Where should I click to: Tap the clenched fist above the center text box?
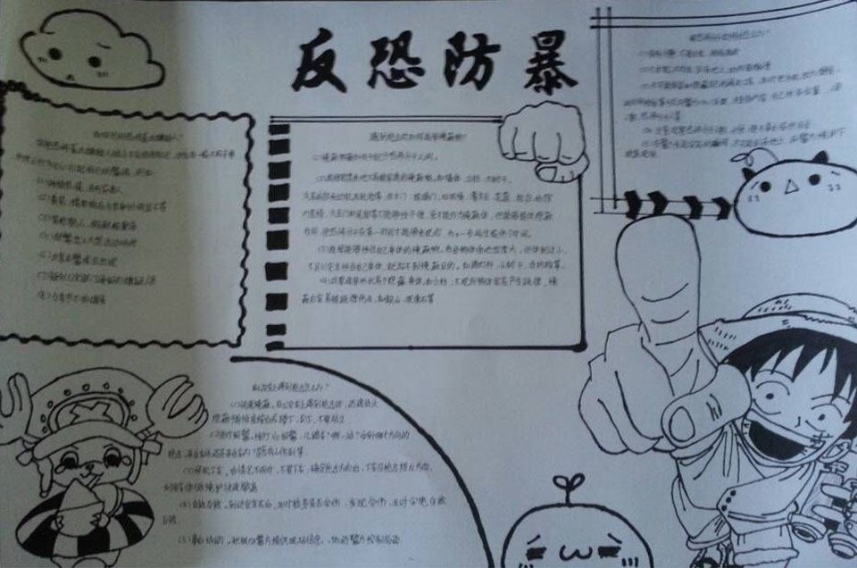[541, 143]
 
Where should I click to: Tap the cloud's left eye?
[55, 54]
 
